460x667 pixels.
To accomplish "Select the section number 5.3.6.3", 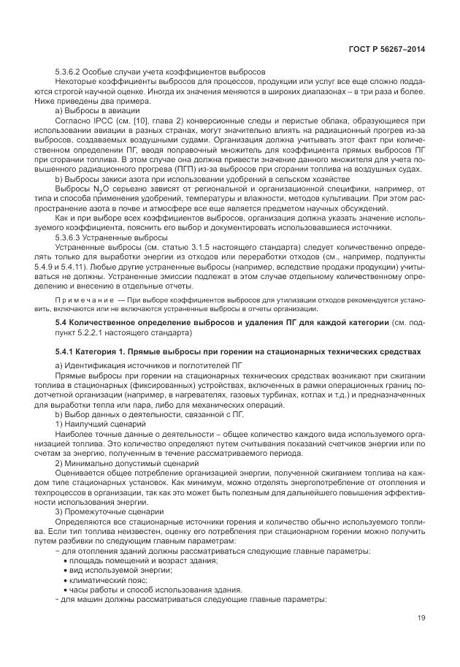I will [x=70, y=237].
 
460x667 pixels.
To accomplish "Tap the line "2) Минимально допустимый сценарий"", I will [x=113, y=464].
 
